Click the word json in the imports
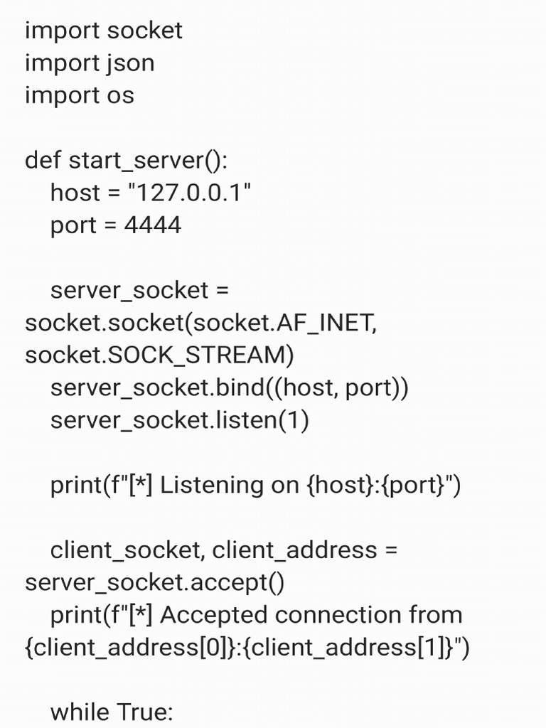pyautogui.click(x=130, y=63)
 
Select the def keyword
pyautogui.click(x=43, y=161)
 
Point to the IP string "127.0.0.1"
pyautogui.click(x=188, y=193)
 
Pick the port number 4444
pyautogui.click(x=152, y=225)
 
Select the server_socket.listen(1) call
pyautogui.click(x=179, y=421)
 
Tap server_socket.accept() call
pyautogui.click(x=154, y=583)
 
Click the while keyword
pyautogui.click(x=80, y=712)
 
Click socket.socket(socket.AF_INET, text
pyautogui.click(x=200, y=323)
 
